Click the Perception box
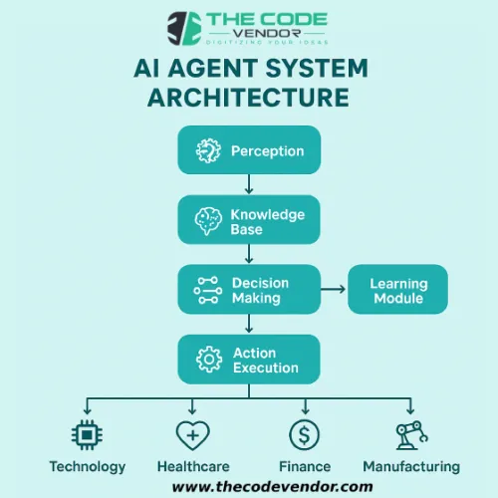pyautogui.click(x=249, y=151)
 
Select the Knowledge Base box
pyautogui.click(x=249, y=220)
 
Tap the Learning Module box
pyautogui.click(x=397, y=290)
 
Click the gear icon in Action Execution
pyautogui.click(x=208, y=360)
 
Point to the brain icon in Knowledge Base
pyautogui.click(x=208, y=220)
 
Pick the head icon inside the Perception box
pyautogui.click(x=208, y=151)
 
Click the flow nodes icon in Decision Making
pyautogui.click(x=208, y=290)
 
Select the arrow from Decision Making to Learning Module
pyautogui.click(x=333, y=290)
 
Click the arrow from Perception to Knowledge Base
pyautogui.click(x=249, y=185)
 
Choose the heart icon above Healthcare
pyautogui.click(x=192, y=434)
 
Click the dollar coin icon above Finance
pyautogui.click(x=304, y=434)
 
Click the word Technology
pyautogui.click(x=89, y=466)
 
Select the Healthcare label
pyautogui.click(x=192, y=466)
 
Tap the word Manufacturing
pyautogui.click(x=411, y=466)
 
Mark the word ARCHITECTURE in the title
pyautogui.click(x=249, y=98)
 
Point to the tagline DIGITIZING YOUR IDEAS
pyautogui.click(x=268, y=41)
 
